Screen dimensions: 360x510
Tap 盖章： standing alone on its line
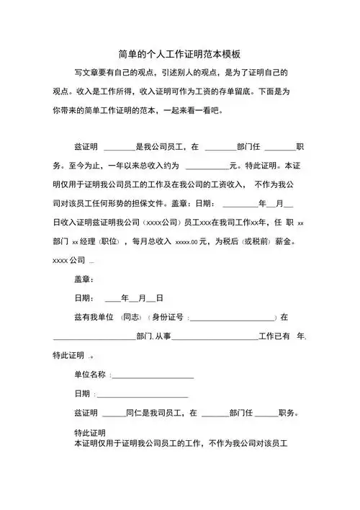coord(84,279)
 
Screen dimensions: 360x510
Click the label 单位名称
coord(91,375)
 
